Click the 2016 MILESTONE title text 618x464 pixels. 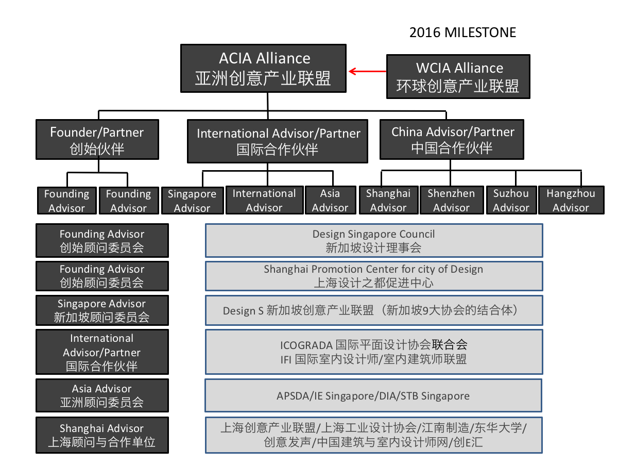pyautogui.click(x=462, y=32)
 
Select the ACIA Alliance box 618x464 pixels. pyautogui.click(x=263, y=69)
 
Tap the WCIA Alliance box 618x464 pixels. pyautogui.click(x=458, y=77)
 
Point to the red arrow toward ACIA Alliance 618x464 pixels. pyautogui.click(x=367, y=72)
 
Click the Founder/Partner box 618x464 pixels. pyautogui.click(x=97, y=140)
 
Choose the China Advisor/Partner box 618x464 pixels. pyautogui.click(x=452, y=140)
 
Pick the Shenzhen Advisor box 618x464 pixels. pyautogui.click(x=451, y=200)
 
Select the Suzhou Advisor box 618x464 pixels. pyautogui.click(x=511, y=200)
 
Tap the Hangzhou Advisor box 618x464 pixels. pyautogui.click(x=570, y=200)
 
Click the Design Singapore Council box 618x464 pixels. pyautogui.click(x=374, y=240)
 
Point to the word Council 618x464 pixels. pyautogui.click(x=416, y=234)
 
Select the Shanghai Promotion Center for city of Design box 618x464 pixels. pyautogui.click(x=374, y=276)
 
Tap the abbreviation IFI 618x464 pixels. pyautogui.click(x=286, y=359)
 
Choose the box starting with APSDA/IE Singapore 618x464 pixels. pyautogui.click(x=373, y=396)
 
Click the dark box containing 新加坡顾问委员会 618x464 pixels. pyautogui.click(x=102, y=310)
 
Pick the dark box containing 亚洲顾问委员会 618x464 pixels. pyautogui.click(x=102, y=395)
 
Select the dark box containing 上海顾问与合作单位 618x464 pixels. pyautogui.click(x=102, y=435)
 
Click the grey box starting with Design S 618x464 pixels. pyautogui.click(x=374, y=310)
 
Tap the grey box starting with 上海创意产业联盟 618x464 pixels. pyautogui.click(x=374, y=435)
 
